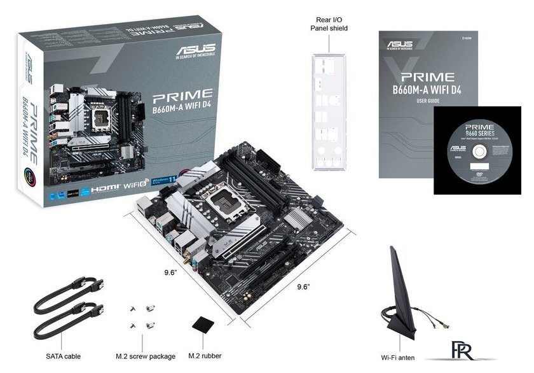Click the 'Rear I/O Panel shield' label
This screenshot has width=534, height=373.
click(329, 24)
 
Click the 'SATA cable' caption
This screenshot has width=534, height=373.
click(63, 356)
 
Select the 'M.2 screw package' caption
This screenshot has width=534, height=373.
click(145, 356)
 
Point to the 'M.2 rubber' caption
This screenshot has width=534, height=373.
click(205, 356)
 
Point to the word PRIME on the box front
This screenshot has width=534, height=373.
click(183, 98)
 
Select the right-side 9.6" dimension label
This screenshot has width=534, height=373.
click(303, 288)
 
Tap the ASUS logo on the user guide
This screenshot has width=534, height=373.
click(399, 45)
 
